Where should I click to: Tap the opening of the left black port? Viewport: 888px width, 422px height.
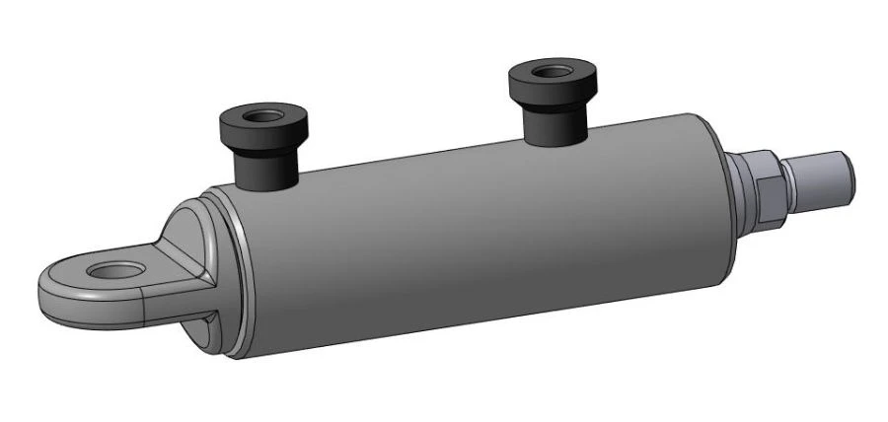(261, 116)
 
